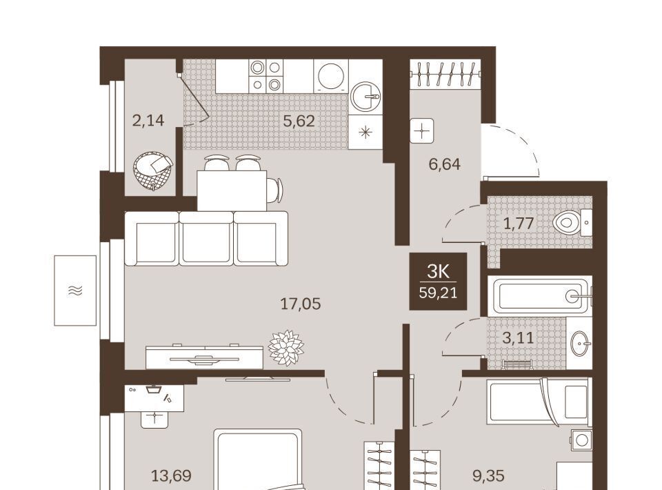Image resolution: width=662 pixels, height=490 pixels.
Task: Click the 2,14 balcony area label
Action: point(148,121)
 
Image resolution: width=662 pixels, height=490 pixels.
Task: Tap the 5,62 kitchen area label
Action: point(299,121)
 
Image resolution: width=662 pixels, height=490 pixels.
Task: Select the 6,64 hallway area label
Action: point(444,164)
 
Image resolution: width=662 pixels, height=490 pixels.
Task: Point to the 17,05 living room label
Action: point(301,304)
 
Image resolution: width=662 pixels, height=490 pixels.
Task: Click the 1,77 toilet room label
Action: point(519,223)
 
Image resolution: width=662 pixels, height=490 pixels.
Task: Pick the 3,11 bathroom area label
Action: point(518,338)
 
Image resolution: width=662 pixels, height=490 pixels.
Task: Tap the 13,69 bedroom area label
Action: point(172,476)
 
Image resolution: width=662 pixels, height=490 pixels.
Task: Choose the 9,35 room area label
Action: point(488,476)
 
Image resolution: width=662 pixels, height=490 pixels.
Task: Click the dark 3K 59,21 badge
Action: point(439,282)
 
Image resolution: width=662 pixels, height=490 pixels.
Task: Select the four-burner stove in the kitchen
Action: point(265,76)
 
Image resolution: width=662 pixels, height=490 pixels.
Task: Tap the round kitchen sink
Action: point(365,97)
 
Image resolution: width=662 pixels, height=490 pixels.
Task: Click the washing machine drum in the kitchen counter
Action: point(331,76)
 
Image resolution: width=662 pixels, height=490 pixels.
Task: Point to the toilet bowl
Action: point(567,222)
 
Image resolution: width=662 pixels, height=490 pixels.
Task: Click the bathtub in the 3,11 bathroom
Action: point(540,296)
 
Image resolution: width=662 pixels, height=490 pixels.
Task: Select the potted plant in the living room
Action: point(286,348)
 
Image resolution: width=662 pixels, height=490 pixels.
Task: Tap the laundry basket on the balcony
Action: point(152,171)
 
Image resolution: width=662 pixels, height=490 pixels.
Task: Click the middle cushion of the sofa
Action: point(206,239)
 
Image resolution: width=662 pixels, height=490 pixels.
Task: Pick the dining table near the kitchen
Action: point(232,190)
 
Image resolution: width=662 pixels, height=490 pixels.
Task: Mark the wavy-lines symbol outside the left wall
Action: point(75,290)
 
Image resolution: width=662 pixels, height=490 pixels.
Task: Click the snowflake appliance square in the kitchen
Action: point(365,133)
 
